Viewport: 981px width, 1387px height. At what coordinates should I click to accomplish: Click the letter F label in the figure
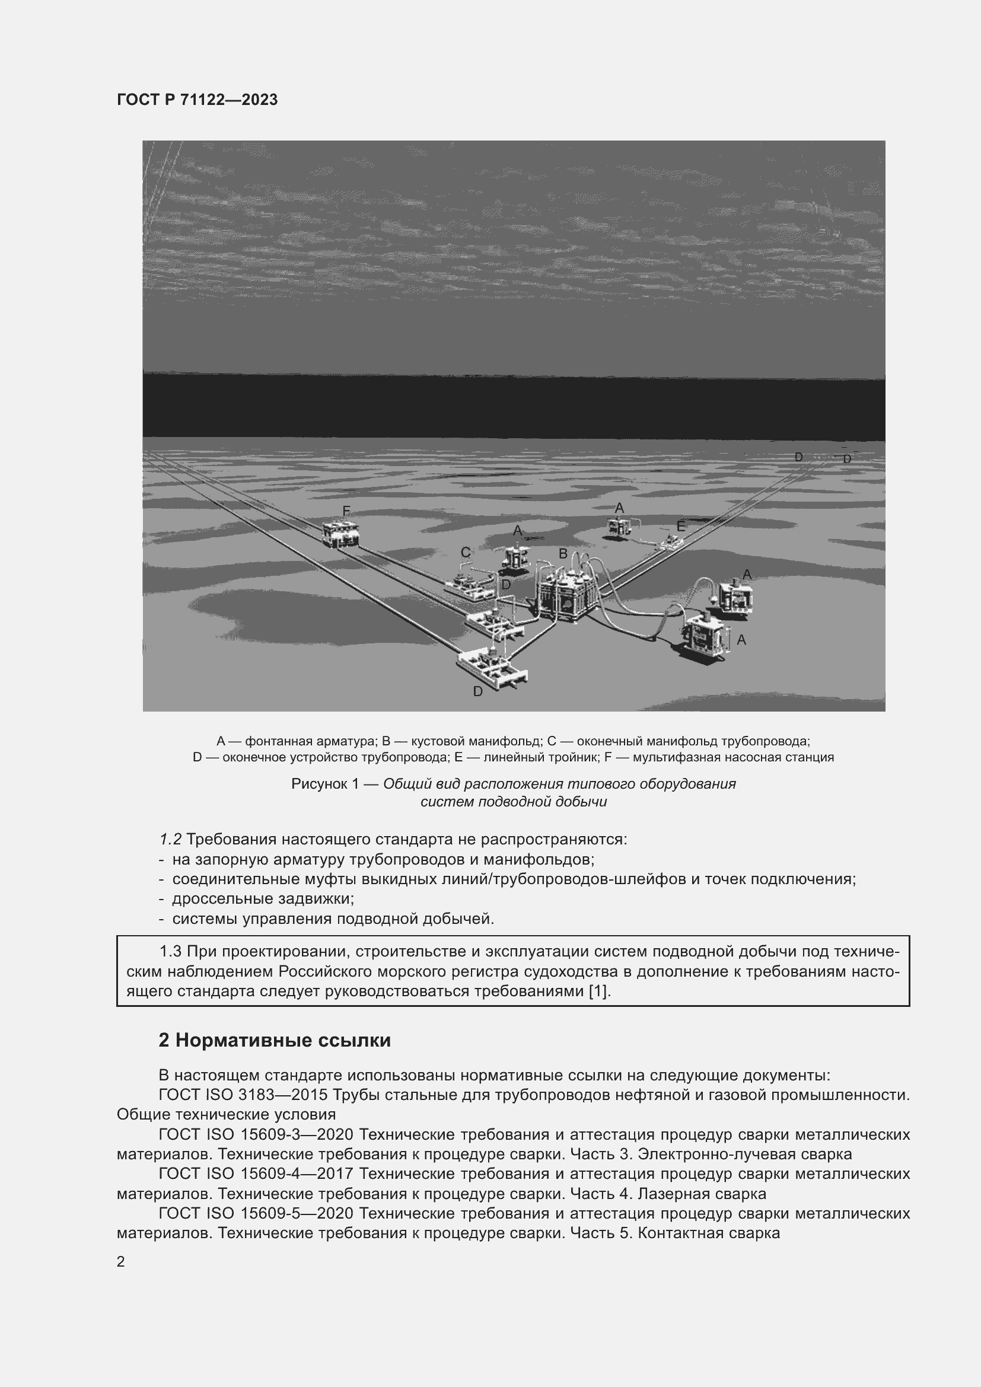click(346, 511)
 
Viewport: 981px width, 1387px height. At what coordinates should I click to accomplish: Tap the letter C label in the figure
click(465, 552)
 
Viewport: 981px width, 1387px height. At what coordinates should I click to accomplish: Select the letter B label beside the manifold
click(562, 553)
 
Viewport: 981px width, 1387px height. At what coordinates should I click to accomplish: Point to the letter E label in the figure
click(681, 527)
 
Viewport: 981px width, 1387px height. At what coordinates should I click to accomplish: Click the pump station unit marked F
click(341, 534)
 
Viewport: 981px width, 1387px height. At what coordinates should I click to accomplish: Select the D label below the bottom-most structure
click(478, 691)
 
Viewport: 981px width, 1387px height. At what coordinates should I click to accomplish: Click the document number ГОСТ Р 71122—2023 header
click(197, 100)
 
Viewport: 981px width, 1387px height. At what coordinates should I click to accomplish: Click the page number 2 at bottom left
click(121, 1261)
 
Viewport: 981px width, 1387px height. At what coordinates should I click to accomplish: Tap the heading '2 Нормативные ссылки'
click(274, 1040)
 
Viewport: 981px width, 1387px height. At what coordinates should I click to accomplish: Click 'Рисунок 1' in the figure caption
click(325, 784)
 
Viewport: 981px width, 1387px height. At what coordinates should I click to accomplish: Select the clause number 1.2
click(170, 839)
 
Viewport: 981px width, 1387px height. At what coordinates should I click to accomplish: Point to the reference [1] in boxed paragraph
click(598, 991)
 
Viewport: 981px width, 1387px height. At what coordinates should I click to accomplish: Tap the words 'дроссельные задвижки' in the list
click(262, 898)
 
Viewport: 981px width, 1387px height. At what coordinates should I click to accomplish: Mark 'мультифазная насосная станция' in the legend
click(732, 757)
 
